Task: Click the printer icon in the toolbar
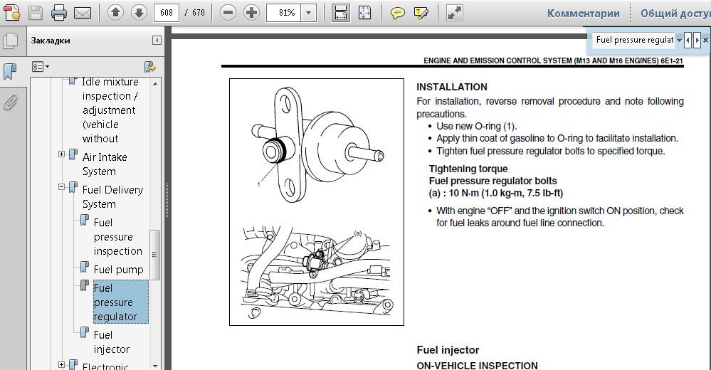(59, 13)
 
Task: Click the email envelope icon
(82, 13)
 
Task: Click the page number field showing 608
(167, 13)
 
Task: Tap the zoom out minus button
(228, 13)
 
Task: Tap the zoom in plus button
(251, 13)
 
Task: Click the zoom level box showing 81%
(287, 13)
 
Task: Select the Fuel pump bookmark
(118, 270)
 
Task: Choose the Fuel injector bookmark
(112, 342)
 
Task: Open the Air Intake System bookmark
(105, 164)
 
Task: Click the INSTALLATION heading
(452, 87)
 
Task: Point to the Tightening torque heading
(468, 169)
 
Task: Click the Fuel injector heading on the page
(448, 350)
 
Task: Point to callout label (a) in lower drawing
(358, 233)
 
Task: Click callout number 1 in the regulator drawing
(259, 184)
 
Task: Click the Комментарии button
(583, 13)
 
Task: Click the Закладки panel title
(51, 41)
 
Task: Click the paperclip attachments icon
(10, 103)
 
